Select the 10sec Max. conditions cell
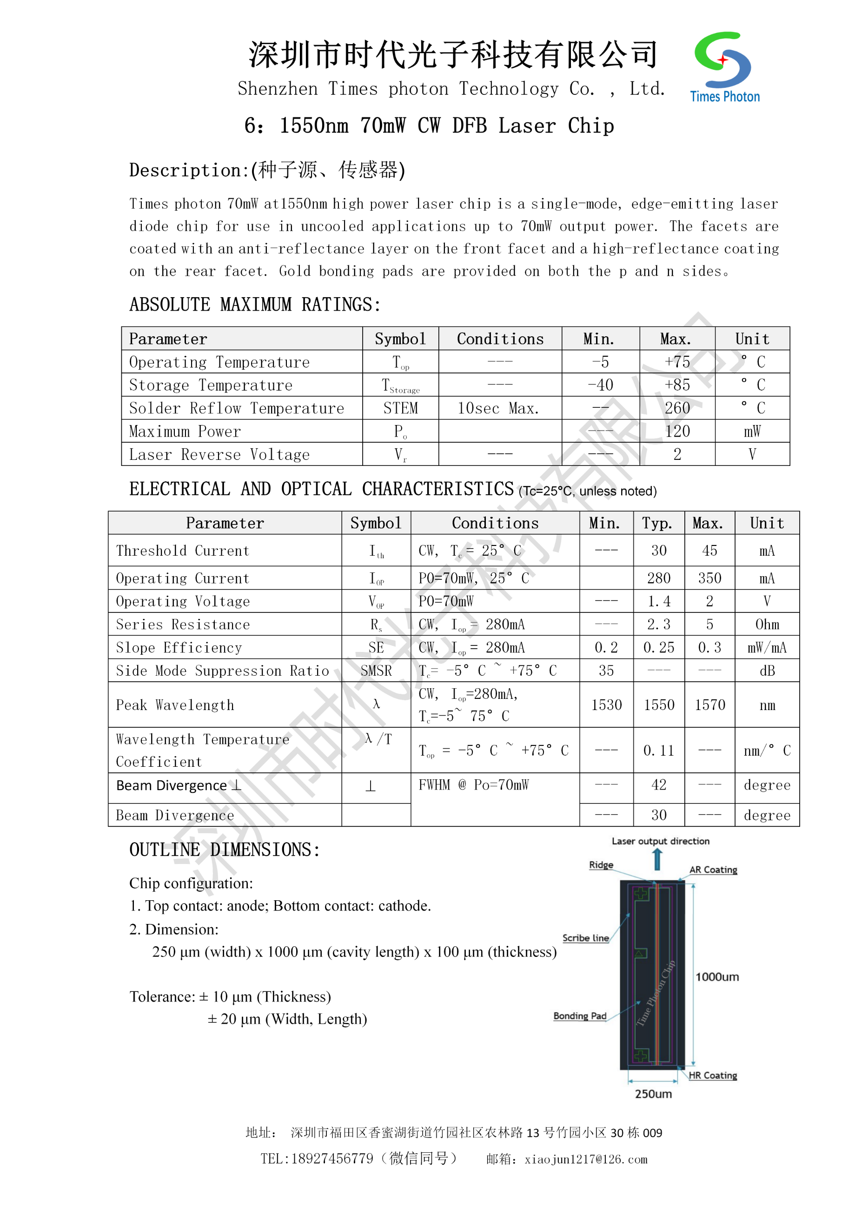[x=498, y=408]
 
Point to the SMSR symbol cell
[x=376, y=671]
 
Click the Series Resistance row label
[x=183, y=624]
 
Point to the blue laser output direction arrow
[x=656, y=859]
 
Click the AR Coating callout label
[x=713, y=870]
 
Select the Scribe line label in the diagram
[x=585, y=938]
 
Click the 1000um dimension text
[x=716, y=977]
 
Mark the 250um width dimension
[x=653, y=1094]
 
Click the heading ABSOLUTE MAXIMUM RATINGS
[x=255, y=305]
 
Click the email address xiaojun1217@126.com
[x=585, y=1159]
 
